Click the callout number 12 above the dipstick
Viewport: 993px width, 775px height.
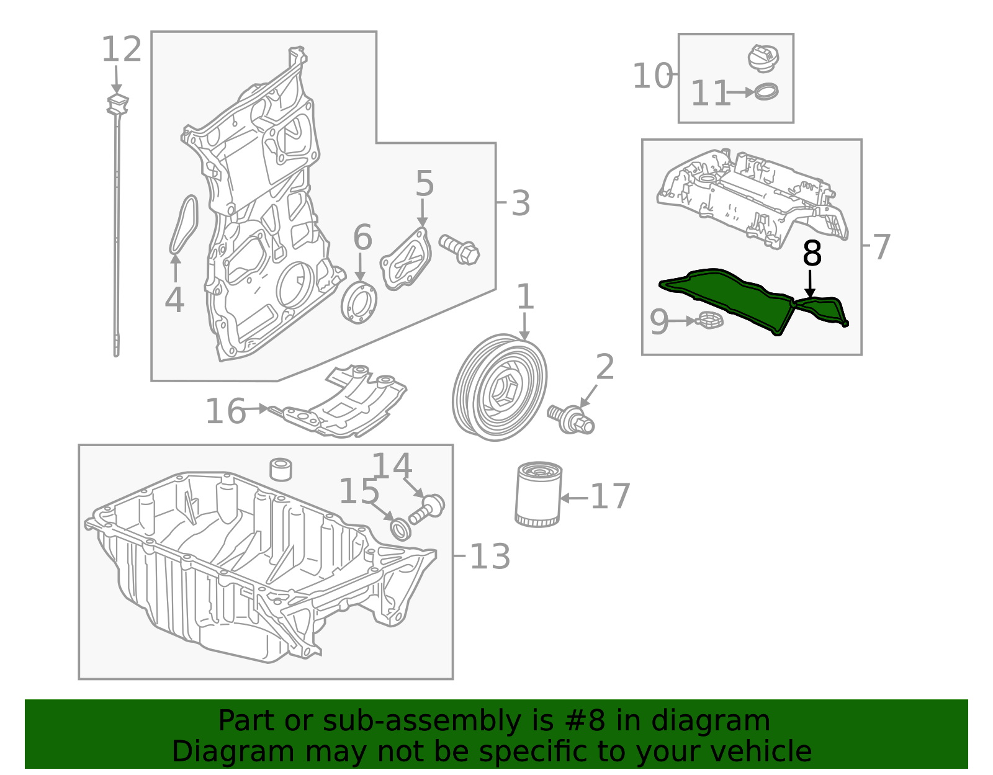[x=122, y=50]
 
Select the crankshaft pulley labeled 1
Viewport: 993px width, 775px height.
[x=500, y=387]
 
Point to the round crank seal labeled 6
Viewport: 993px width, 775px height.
[x=359, y=302]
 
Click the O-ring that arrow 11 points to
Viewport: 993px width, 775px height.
[x=767, y=92]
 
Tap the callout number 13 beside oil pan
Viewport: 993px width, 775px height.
[x=490, y=557]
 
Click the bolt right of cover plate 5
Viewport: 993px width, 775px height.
[x=460, y=249]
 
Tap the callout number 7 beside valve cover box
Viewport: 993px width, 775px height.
[x=881, y=247]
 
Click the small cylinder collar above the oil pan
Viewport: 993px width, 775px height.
[x=281, y=470]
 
